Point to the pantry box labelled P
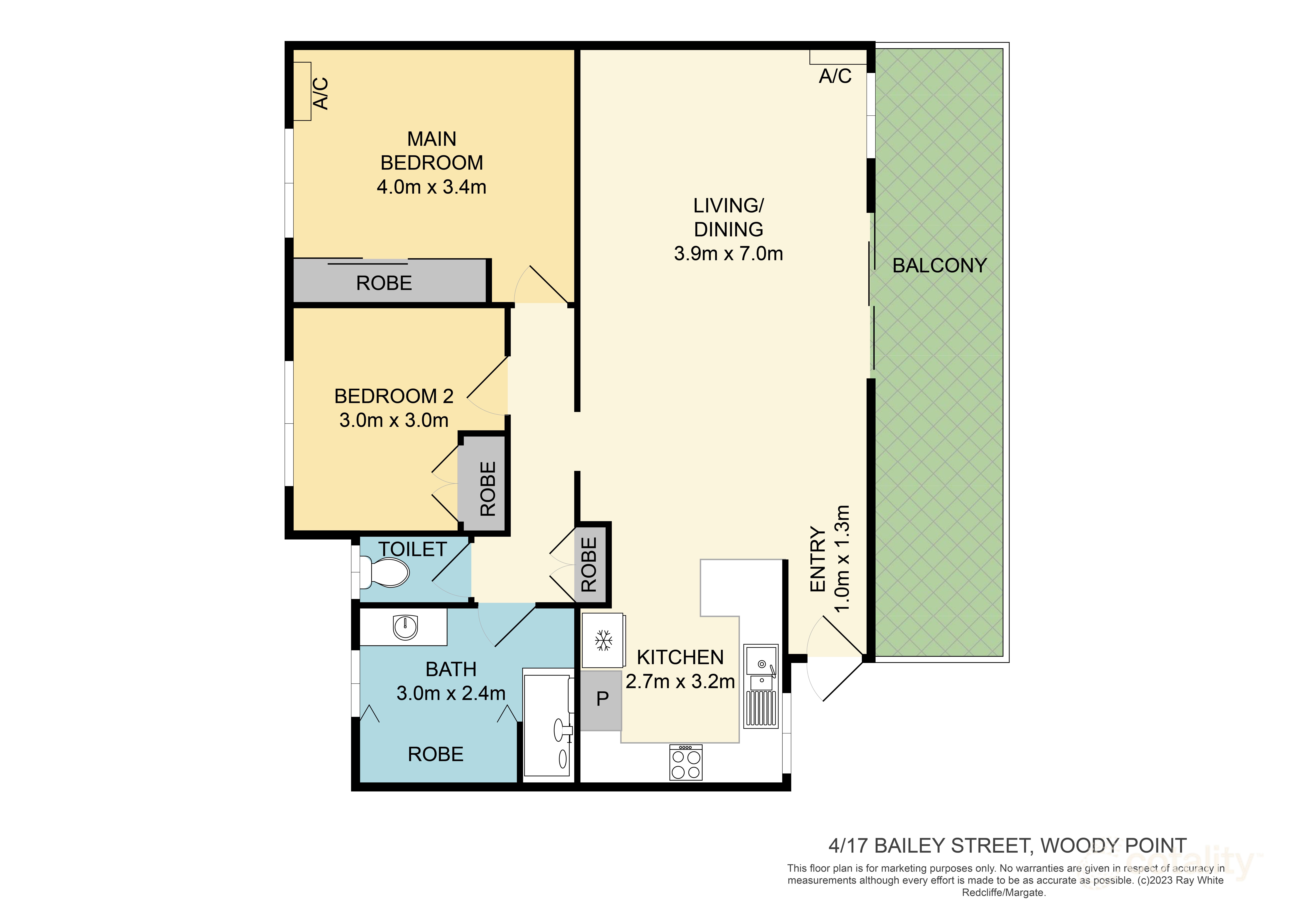click(x=602, y=699)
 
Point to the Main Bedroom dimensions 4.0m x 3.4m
click(x=431, y=187)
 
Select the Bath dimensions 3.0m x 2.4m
click(x=451, y=693)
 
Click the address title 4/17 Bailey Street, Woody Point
click(x=1007, y=846)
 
